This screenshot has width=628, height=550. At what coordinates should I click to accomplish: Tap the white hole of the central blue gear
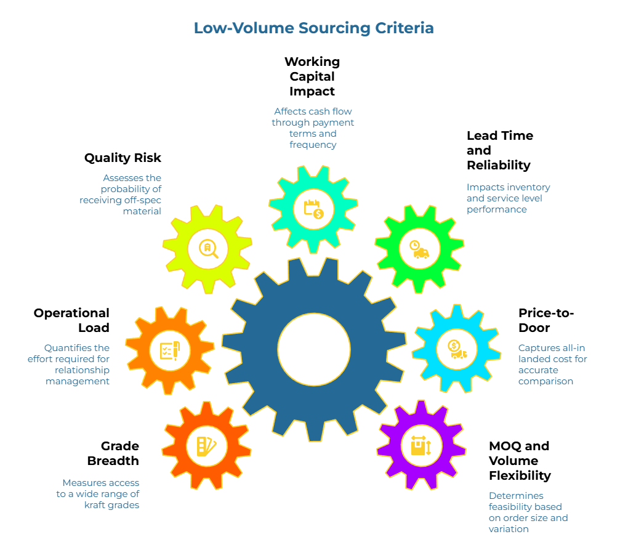point(314,349)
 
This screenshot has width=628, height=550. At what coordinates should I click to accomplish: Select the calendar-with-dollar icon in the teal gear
point(313,208)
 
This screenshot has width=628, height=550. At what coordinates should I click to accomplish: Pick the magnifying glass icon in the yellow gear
point(208,248)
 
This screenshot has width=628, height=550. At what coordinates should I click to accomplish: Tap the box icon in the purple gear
point(421,445)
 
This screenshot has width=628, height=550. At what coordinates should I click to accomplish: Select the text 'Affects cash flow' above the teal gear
point(313,111)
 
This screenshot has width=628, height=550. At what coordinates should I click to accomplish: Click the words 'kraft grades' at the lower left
point(112,505)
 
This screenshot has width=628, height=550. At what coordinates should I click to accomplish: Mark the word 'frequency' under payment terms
point(313,145)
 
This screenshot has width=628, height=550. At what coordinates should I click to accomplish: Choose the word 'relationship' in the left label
point(82,370)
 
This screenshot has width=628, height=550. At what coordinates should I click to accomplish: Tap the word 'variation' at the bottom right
point(509,528)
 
